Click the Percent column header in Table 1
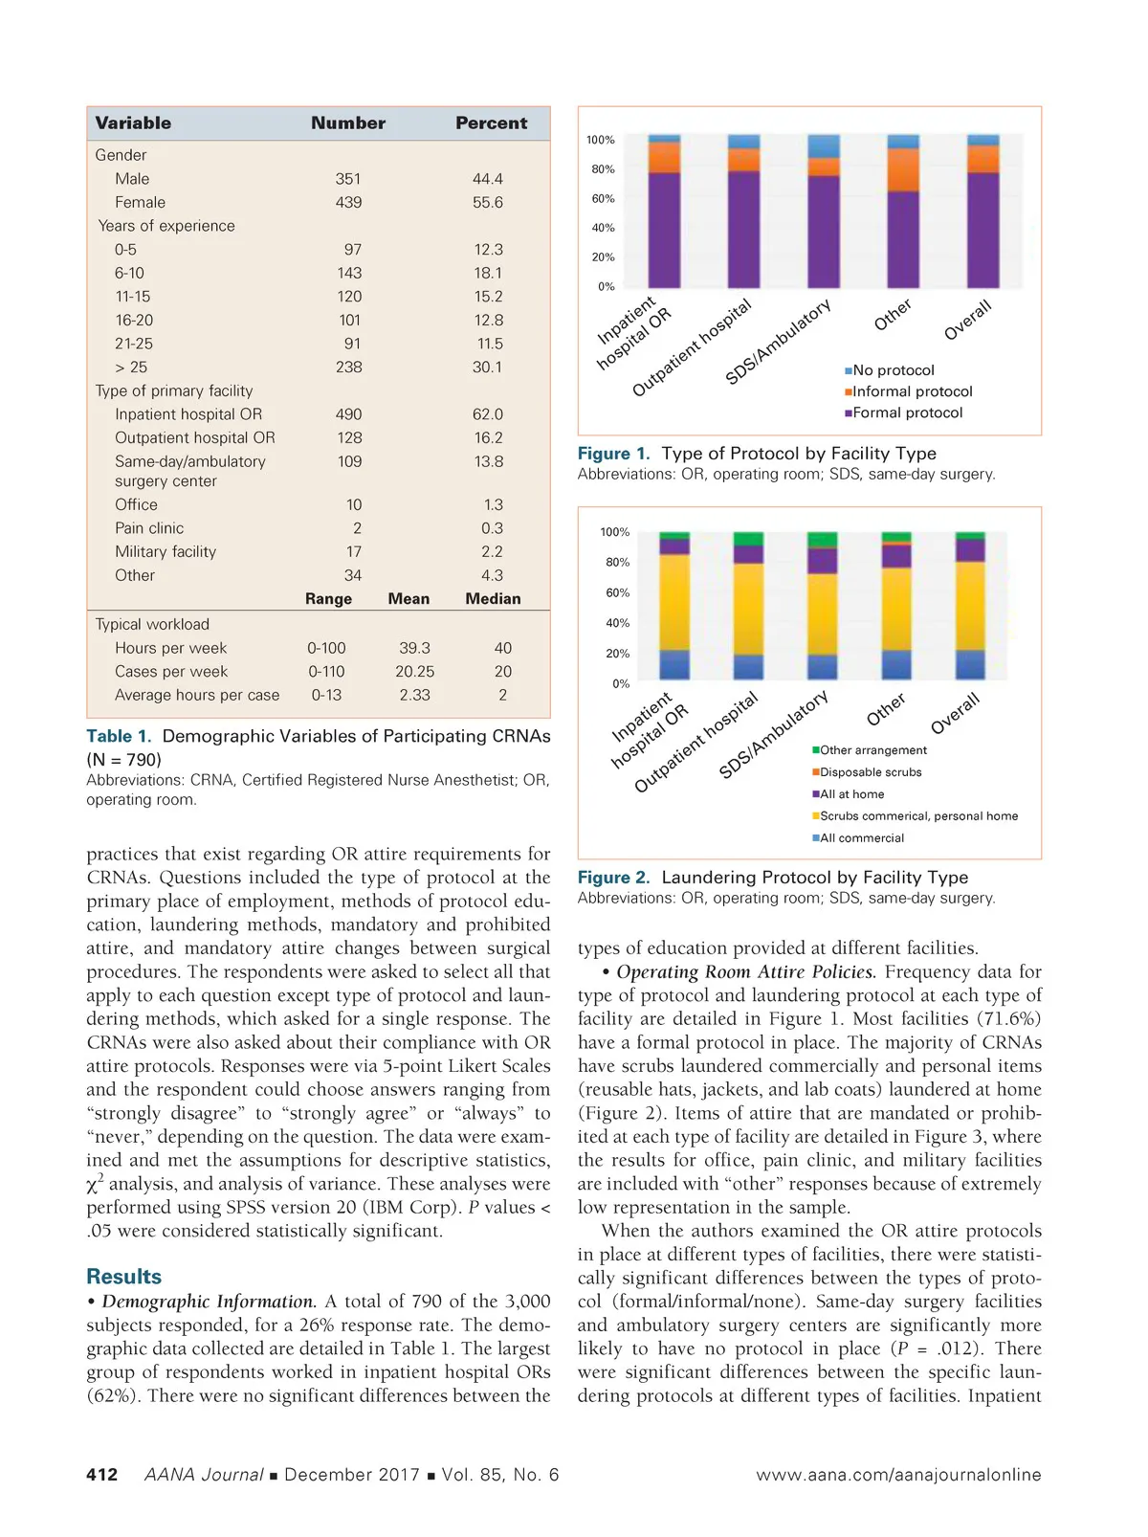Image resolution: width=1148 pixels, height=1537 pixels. click(491, 123)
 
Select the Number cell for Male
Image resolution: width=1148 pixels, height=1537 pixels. click(348, 179)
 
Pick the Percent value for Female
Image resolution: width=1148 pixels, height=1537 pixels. click(487, 203)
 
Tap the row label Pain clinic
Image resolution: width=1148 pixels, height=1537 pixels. click(149, 528)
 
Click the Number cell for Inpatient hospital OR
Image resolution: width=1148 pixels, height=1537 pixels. click(348, 414)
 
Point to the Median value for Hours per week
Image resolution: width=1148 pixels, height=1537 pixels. click(503, 648)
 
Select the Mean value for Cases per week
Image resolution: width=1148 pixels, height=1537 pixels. click(414, 672)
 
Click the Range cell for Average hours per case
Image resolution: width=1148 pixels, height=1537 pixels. click(326, 696)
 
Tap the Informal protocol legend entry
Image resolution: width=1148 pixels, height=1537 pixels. click(912, 391)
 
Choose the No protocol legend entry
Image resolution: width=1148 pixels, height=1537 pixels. click(893, 370)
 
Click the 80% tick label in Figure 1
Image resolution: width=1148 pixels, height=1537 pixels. click(603, 169)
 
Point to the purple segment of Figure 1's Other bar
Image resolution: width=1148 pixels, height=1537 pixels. click(903, 239)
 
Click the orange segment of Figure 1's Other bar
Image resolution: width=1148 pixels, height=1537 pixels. click(903, 170)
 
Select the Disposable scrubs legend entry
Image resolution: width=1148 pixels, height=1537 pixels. click(870, 772)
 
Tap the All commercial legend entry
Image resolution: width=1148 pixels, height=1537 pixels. click(861, 838)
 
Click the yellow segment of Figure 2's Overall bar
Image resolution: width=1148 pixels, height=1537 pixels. click(970, 606)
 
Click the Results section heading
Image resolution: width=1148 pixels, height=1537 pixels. click(123, 1277)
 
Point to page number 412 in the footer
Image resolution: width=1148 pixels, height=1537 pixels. click(102, 1475)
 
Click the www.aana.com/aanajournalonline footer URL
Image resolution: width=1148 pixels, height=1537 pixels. click(898, 1475)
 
